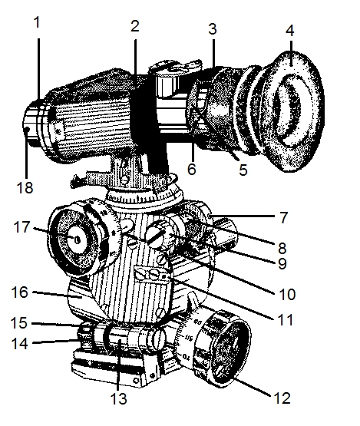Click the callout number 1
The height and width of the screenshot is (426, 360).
(x=38, y=22)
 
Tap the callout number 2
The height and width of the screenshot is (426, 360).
(x=135, y=26)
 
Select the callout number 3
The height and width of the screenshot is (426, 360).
(x=213, y=29)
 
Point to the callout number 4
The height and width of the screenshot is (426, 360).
(x=290, y=30)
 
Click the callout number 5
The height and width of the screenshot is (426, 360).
(x=243, y=170)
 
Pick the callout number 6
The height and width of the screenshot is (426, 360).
(x=192, y=169)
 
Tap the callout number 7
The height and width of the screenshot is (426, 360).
(x=283, y=218)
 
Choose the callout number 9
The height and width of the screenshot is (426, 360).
(x=282, y=263)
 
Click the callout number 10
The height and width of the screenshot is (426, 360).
(x=287, y=294)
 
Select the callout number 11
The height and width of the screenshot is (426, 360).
(x=286, y=320)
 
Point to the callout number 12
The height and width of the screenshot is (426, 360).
(x=282, y=398)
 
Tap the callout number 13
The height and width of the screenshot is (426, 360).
(x=119, y=398)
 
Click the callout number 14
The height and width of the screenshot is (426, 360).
(x=19, y=343)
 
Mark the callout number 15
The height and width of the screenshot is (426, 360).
(x=19, y=322)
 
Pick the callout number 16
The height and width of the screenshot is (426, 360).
(x=19, y=292)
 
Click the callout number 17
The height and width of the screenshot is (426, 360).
(x=21, y=227)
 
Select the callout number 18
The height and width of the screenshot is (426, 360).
(x=25, y=187)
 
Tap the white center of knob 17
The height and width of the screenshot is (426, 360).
(x=77, y=239)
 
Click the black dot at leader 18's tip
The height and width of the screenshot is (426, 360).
(x=27, y=130)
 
